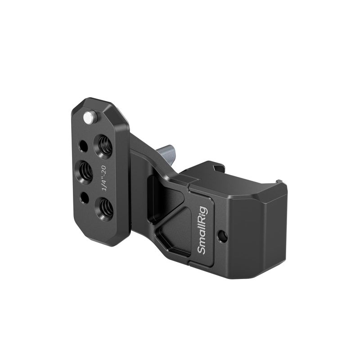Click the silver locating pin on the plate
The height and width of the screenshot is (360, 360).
point(90,117)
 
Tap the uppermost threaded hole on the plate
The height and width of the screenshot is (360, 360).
point(104,145)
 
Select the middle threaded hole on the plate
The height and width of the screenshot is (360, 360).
point(85,171)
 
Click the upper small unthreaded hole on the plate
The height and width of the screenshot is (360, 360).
point(83,146)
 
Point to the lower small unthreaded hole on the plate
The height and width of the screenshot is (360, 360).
point(84,197)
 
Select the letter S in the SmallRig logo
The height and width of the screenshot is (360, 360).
point(202,249)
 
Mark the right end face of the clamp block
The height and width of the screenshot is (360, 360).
point(265,234)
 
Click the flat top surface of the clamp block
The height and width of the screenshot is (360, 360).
point(234,180)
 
